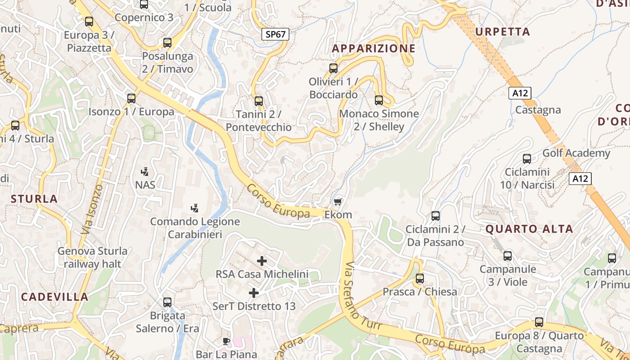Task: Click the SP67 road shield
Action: pyautogui.click(x=275, y=34)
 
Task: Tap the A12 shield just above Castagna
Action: pyautogui.click(x=520, y=93)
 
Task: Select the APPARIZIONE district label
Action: pyautogui.click(x=373, y=48)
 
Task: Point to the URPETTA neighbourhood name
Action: pyautogui.click(x=503, y=31)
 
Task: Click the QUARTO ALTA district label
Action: pyautogui.click(x=529, y=229)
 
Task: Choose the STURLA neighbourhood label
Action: pyautogui.click(x=34, y=198)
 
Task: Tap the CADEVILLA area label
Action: pyautogui.click(x=54, y=297)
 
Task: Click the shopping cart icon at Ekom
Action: pyautogui.click(x=338, y=202)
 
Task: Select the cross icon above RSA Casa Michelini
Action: pyautogui.click(x=261, y=261)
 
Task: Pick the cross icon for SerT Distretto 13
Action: pyautogui.click(x=254, y=293)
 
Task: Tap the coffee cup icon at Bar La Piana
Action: pyautogui.click(x=226, y=341)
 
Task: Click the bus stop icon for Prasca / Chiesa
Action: pyautogui.click(x=420, y=279)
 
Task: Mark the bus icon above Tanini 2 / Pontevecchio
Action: pyautogui.click(x=258, y=101)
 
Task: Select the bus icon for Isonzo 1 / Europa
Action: pyautogui.click(x=131, y=98)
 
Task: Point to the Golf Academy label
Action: pyautogui.click(x=576, y=153)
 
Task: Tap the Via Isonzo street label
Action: pyautogui.click(x=93, y=209)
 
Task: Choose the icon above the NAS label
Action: pyautogui.click(x=145, y=171)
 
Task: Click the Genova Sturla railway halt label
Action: pyautogui.click(x=92, y=257)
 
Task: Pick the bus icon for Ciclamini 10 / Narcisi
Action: pyautogui.click(x=527, y=158)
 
